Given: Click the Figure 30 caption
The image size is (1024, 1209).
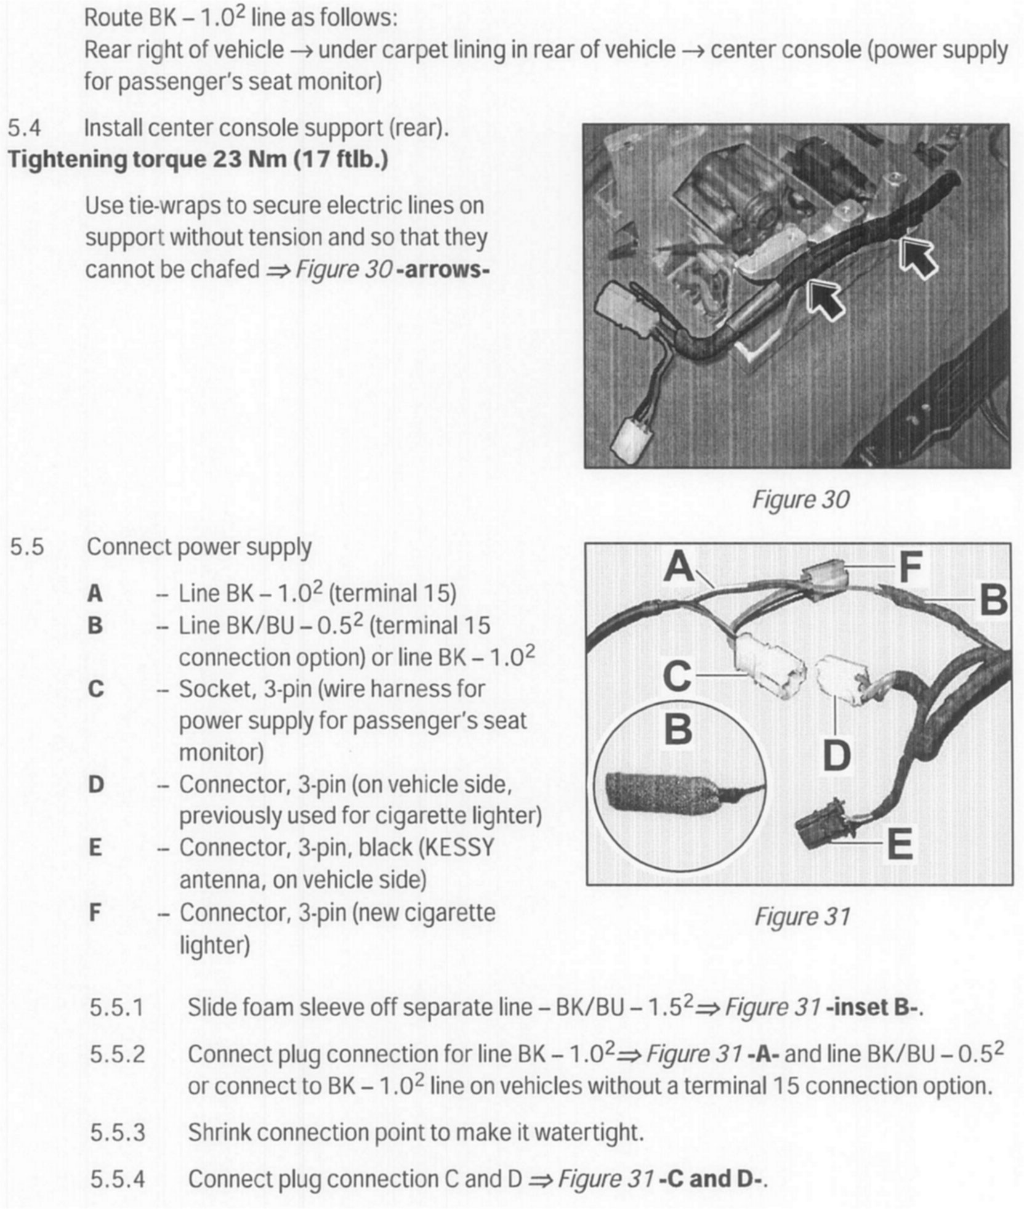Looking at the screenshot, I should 800,499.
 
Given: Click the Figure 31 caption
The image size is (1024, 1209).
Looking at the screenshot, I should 802,916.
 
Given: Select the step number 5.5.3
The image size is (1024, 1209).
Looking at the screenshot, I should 118,1132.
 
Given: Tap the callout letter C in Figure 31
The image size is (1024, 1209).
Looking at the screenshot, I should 677,676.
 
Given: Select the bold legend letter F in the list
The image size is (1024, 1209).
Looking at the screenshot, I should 95,912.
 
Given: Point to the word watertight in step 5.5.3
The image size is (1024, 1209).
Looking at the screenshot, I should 588,1132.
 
